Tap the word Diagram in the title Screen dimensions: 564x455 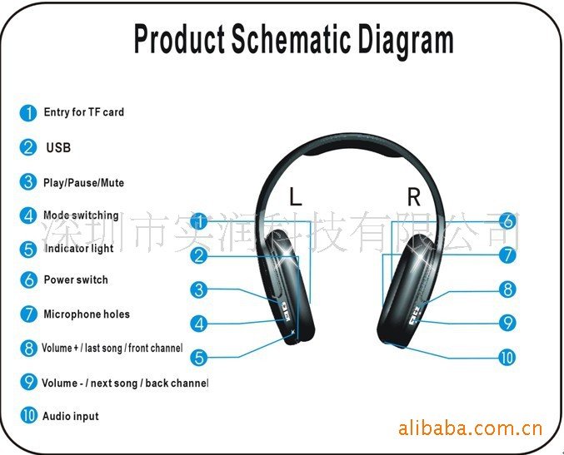click(406, 40)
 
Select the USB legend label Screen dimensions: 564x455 click(58, 147)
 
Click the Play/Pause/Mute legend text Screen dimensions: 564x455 click(83, 183)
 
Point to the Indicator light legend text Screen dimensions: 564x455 click(79, 248)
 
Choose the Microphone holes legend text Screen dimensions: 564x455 click(87, 314)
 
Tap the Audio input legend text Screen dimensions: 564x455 click(71, 416)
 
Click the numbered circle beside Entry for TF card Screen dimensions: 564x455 click(28, 113)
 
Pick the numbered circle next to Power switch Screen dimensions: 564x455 click(29, 280)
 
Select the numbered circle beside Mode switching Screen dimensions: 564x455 click(28, 215)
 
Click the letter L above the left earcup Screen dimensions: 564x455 click(295, 196)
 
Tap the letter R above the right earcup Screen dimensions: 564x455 click(414, 197)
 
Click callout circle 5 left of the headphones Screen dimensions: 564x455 click(199, 358)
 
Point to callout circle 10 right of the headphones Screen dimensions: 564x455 click(507, 358)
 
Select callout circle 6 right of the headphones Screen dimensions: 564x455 click(508, 221)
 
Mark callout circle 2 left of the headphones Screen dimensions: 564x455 click(199, 255)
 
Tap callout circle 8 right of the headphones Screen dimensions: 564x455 click(507, 289)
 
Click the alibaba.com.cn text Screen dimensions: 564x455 click(471, 428)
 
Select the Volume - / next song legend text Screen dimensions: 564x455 click(125, 383)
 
